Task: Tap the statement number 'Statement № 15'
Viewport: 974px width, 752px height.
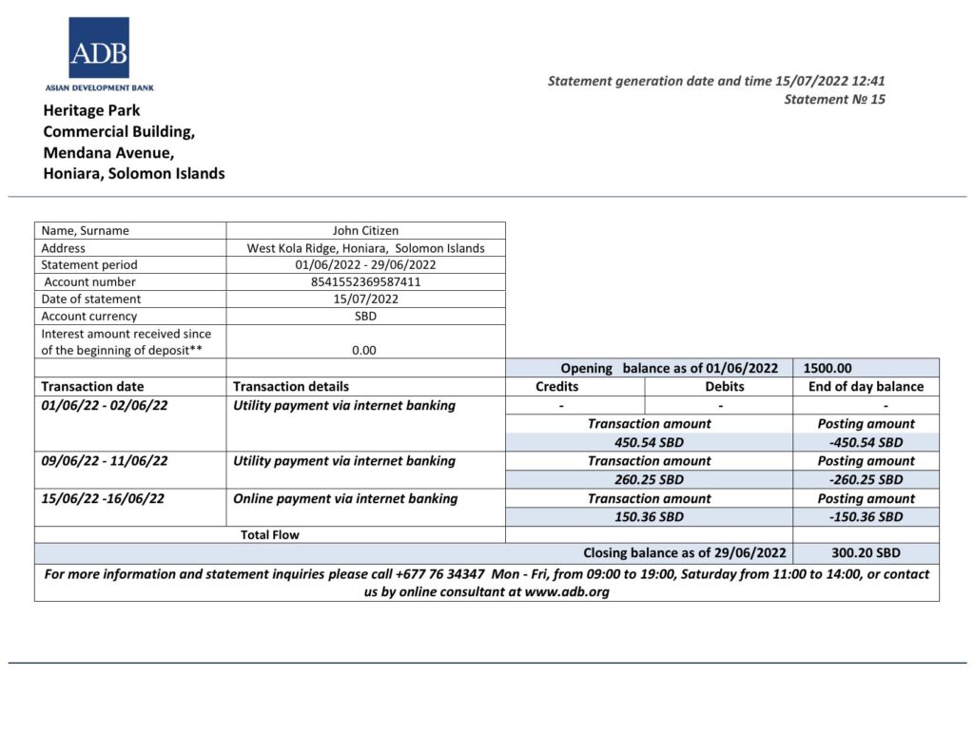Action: point(834,99)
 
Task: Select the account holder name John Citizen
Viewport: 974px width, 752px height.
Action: point(365,230)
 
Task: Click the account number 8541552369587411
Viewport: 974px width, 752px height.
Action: point(365,281)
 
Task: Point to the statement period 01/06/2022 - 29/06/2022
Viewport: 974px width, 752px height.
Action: point(365,264)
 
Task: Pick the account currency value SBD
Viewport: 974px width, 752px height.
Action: point(365,316)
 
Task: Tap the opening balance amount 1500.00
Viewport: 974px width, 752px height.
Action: point(828,368)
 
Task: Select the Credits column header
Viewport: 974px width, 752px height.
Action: point(556,387)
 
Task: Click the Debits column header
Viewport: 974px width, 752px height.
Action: point(724,387)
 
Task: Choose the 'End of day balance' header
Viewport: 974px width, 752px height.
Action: point(866,387)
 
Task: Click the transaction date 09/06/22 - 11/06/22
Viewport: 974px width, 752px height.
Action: point(105,461)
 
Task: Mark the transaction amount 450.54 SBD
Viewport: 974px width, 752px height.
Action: point(649,442)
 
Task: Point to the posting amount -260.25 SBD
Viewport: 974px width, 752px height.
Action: point(866,479)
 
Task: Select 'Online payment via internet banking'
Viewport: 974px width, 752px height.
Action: point(345,498)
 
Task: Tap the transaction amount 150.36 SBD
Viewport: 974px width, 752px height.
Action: point(649,516)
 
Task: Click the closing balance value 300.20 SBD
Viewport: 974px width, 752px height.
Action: point(866,552)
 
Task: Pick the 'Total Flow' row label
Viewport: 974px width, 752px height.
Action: point(270,534)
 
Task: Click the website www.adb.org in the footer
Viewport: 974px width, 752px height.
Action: point(567,591)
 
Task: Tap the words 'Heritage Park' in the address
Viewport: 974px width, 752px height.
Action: point(91,110)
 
